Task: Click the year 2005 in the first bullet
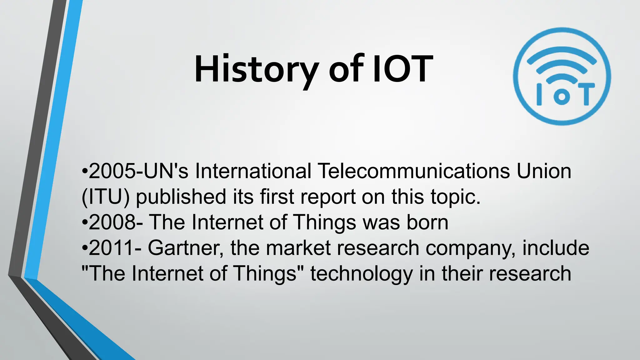(112, 171)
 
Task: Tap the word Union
(544, 171)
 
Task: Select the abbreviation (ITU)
(105, 197)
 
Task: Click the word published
(181, 197)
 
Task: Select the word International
(253, 171)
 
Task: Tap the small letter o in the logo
(562, 96)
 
